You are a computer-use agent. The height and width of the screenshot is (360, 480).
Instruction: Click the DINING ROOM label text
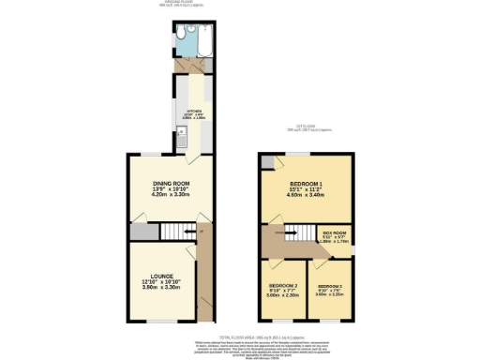click(172, 184)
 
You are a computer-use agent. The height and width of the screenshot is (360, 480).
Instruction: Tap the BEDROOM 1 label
click(306, 183)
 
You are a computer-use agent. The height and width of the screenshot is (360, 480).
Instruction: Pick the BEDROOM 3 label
click(330, 285)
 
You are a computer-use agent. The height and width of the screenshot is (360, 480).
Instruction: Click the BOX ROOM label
click(335, 232)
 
